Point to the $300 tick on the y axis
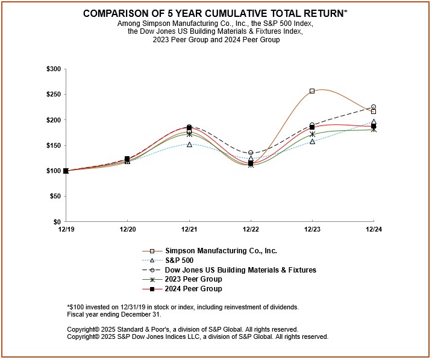click(x=53, y=69)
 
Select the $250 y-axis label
click(x=53, y=95)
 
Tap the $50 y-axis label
click(x=55, y=197)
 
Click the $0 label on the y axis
click(x=57, y=222)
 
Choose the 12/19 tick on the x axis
click(x=66, y=230)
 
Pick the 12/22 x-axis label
click(x=251, y=230)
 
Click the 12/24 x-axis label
click(x=374, y=230)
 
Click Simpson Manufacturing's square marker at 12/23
click(x=312, y=91)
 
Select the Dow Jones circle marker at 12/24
click(x=374, y=107)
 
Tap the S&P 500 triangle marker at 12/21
click(x=189, y=144)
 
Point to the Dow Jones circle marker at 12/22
click(x=251, y=153)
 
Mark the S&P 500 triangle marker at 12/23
click(x=312, y=141)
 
